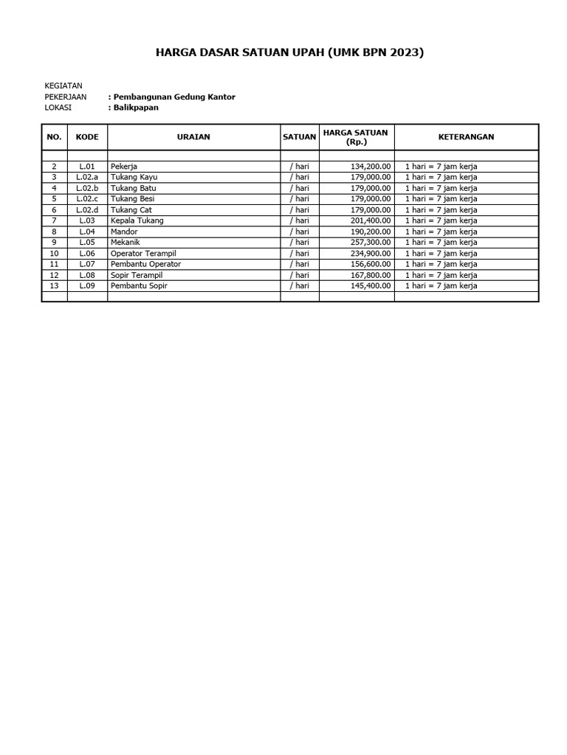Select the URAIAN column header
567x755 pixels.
click(x=193, y=137)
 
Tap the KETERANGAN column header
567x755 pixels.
click(x=466, y=137)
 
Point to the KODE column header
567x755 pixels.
click(x=87, y=137)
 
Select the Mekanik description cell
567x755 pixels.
click(x=126, y=243)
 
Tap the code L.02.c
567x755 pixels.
click(x=87, y=199)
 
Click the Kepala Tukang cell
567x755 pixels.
click(x=137, y=220)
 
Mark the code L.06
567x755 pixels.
click(x=87, y=253)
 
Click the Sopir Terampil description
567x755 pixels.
click(x=136, y=275)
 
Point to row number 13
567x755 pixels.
click(x=54, y=286)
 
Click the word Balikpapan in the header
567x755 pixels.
click(x=136, y=108)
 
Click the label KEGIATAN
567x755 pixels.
click(x=63, y=86)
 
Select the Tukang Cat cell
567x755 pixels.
click(x=131, y=210)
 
